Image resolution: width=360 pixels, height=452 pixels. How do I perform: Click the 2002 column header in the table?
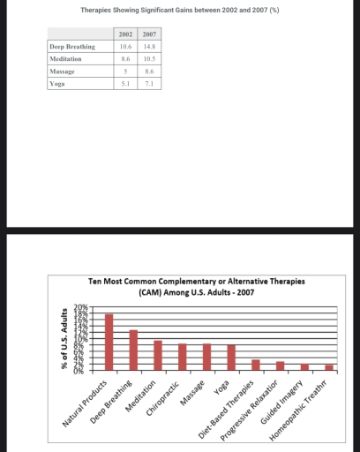point(124,32)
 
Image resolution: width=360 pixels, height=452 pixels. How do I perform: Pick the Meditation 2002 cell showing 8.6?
point(124,56)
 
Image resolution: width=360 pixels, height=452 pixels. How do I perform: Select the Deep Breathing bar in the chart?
point(133,349)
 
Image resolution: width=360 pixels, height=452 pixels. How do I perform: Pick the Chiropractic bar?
point(183,356)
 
